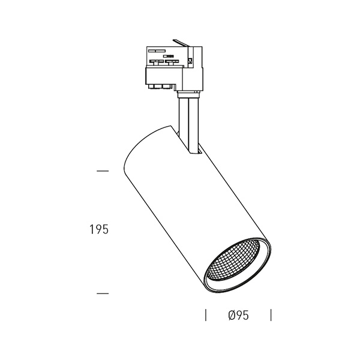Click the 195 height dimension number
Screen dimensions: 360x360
pos(99,229)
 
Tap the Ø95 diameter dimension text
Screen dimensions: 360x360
pos(239,315)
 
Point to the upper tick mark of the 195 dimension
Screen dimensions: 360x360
pos(103,171)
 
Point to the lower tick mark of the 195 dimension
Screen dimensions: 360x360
pos(103,293)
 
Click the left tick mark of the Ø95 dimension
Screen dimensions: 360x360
pos(206,315)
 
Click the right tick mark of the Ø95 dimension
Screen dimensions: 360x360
pos(271,315)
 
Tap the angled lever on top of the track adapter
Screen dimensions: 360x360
pos(181,43)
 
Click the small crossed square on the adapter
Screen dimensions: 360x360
pos(190,61)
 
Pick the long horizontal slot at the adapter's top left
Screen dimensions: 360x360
pos(157,51)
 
